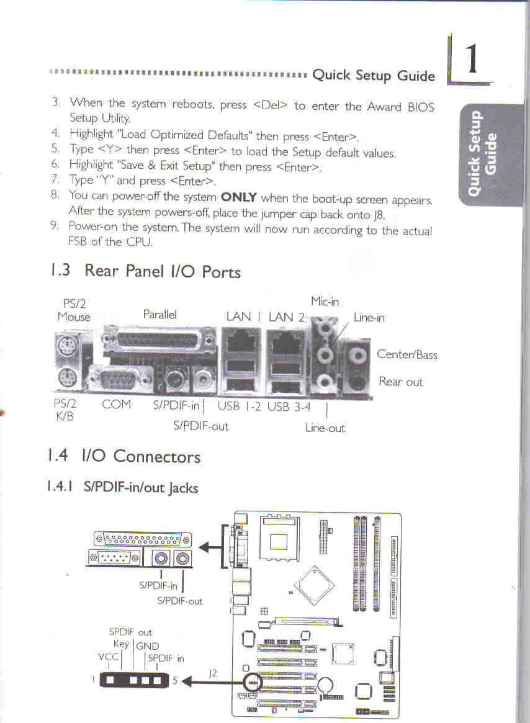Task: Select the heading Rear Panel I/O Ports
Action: point(162,271)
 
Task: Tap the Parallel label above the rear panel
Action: point(159,315)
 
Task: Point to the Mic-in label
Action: point(325,302)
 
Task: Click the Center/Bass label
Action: point(407,355)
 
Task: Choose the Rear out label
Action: point(400,382)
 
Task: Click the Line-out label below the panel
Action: point(325,428)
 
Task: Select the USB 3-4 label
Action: point(289,407)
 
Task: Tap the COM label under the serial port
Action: point(117,405)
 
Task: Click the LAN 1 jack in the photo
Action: point(240,341)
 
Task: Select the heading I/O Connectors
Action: point(141,457)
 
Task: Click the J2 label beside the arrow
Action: point(213,672)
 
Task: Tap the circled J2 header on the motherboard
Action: point(252,683)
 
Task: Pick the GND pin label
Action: point(147,646)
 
